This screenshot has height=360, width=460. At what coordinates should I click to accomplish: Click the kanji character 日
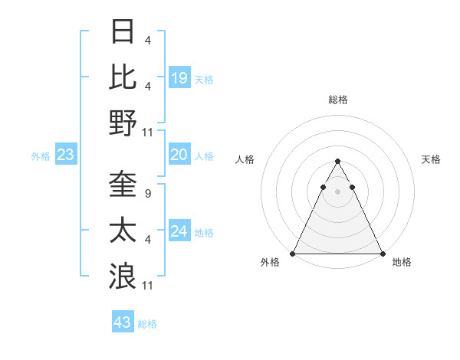click(x=123, y=32)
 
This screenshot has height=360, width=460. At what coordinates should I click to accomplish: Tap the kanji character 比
click(x=123, y=77)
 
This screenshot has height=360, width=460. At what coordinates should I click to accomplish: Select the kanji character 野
click(x=123, y=123)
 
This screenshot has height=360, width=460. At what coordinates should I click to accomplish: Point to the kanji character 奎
click(x=123, y=185)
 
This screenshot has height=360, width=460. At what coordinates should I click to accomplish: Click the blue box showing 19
click(x=179, y=78)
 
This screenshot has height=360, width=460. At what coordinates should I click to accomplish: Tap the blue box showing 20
click(x=179, y=155)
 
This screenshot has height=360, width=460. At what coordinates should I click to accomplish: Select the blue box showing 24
click(x=179, y=231)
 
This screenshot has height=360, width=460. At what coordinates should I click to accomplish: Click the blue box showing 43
click(x=122, y=322)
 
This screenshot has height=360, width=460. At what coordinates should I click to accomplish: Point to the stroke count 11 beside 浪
click(x=149, y=286)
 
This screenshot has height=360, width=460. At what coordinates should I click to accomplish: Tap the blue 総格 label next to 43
click(x=148, y=324)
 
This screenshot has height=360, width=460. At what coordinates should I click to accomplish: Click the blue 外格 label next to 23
click(x=41, y=156)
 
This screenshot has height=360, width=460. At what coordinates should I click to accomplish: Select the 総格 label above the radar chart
click(x=338, y=100)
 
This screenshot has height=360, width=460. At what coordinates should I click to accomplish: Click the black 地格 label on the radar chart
click(x=402, y=262)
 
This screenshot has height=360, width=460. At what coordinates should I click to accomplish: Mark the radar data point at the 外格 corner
click(x=293, y=254)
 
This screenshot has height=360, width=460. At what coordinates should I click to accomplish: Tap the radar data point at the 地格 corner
click(x=382, y=254)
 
